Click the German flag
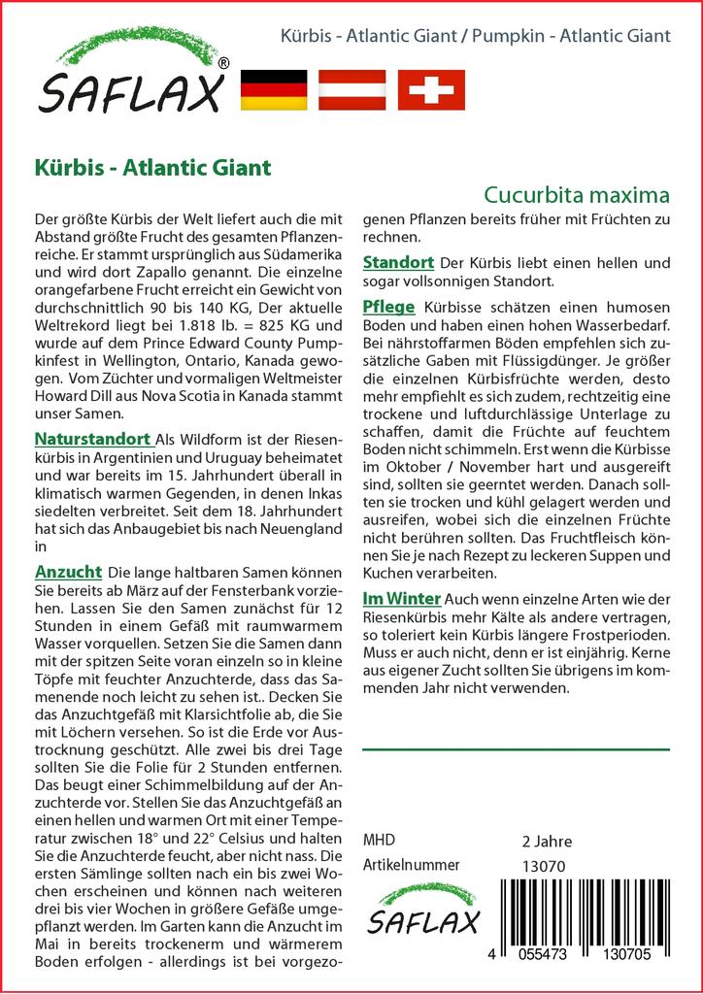coord(273,89)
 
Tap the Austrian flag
coord(353,89)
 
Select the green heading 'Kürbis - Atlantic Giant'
coord(151,166)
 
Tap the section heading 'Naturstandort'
coord(92,438)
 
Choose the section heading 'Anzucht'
coord(69,572)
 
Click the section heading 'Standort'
coord(398,263)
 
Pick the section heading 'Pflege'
coord(388,307)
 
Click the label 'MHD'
coord(379,841)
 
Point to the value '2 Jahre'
coord(547,841)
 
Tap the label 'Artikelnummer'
coord(411,865)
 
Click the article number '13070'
coord(543,866)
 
